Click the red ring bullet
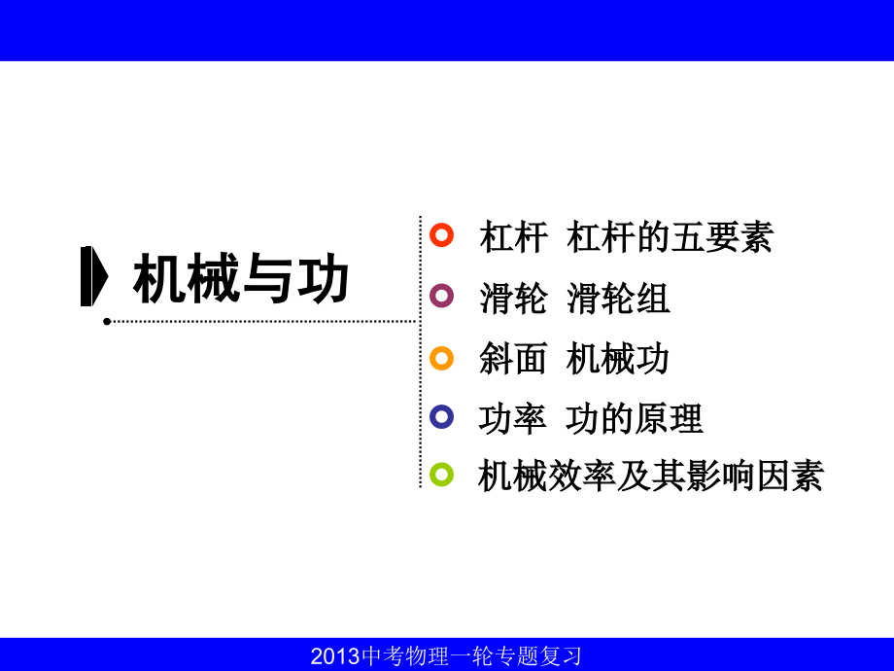[441, 235]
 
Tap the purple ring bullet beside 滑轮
[441, 296]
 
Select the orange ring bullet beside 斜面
[441, 358]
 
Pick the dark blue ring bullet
[441, 417]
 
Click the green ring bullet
[441, 475]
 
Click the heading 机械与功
[240, 280]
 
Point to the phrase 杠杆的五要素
[670, 237]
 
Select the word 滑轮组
[618, 299]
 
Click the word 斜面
[513, 359]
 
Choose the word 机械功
[618, 359]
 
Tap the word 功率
[513, 419]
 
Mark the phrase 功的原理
[635, 419]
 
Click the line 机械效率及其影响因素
[651, 477]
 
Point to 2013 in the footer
[335, 656]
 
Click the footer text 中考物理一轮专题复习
[471, 656]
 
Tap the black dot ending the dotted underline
[107, 321]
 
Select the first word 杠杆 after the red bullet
[513, 237]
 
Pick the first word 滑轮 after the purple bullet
[513, 299]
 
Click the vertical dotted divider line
[420, 350]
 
